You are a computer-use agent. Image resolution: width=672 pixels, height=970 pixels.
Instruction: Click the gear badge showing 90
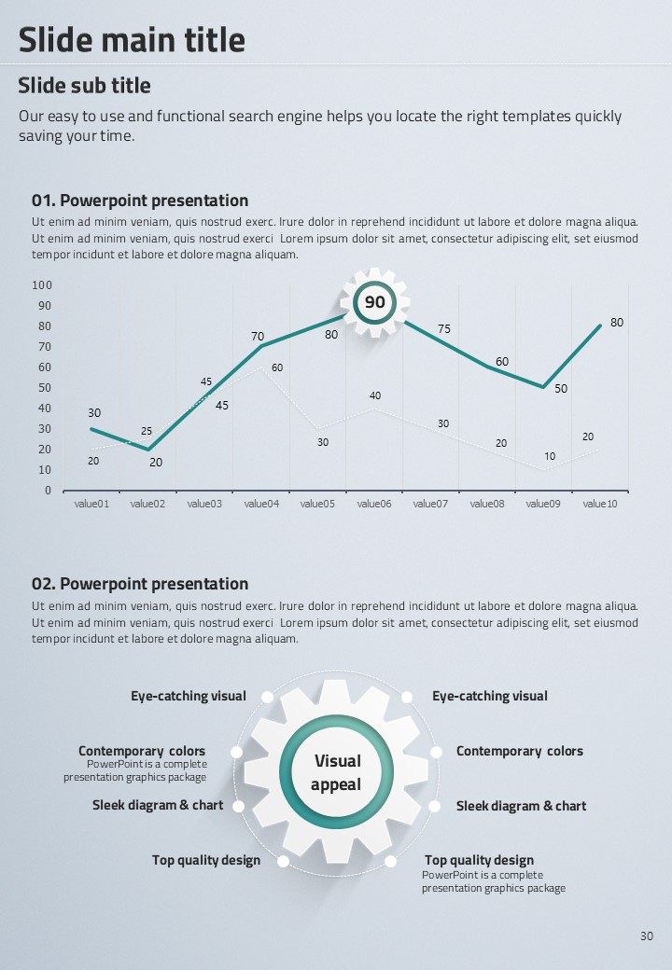click(374, 302)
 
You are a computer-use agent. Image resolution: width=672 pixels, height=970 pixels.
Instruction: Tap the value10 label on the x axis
click(600, 505)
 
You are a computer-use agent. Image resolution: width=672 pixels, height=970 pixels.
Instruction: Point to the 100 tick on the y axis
click(42, 285)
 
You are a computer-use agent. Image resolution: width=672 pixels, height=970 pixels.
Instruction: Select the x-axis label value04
click(261, 505)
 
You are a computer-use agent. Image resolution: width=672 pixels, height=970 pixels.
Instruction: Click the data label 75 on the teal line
click(444, 329)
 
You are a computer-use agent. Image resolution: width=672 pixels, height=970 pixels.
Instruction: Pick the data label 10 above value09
click(550, 457)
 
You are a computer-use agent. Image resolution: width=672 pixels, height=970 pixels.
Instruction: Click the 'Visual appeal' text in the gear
click(337, 773)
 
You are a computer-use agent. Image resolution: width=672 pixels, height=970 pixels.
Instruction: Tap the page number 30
click(647, 936)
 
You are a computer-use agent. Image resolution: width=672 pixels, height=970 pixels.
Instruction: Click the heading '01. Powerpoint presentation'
click(140, 201)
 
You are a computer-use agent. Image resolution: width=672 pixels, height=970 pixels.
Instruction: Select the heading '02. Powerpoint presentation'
click(140, 584)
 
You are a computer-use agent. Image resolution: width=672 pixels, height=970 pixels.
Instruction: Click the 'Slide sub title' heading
click(84, 86)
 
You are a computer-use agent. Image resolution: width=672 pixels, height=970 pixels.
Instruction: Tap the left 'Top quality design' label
click(206, 860)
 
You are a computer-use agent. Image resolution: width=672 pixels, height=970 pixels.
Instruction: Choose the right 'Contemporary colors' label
click(519, 752)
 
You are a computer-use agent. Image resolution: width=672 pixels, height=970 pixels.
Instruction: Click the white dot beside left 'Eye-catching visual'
click(267, 697)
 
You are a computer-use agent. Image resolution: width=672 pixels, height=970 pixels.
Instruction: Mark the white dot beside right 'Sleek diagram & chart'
click(435, 806)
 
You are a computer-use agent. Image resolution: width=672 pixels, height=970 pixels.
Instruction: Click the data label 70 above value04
click(258, 337)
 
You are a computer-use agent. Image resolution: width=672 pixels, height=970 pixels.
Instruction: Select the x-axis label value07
click(430, 505)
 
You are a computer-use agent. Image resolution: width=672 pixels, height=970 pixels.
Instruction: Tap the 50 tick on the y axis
click(45, 388)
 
